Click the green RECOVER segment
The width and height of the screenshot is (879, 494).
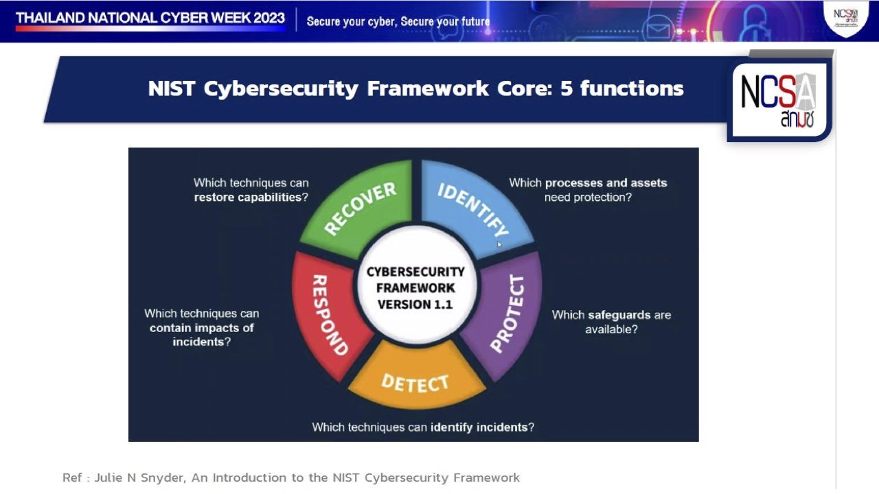click(x=361, y=209)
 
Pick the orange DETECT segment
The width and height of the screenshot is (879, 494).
click(x=415, y=381)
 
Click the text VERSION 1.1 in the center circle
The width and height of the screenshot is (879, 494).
click(x=415, y=305)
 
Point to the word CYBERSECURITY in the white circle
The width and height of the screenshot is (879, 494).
click(x=415, y=272)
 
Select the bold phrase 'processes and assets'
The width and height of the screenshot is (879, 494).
click(x=606, y=183)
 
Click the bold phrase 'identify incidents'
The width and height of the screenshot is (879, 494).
click(x=479, y=427)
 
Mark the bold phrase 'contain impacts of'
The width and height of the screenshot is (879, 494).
click(x=202, y=327)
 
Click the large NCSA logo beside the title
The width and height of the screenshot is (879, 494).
click(x=778, y=100)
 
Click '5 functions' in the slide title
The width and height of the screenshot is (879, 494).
click(x=621, y=89)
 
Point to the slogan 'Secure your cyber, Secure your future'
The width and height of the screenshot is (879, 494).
click(x=398, y=21)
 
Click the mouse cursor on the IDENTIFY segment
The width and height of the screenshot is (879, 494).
click(x=500, y=243)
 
